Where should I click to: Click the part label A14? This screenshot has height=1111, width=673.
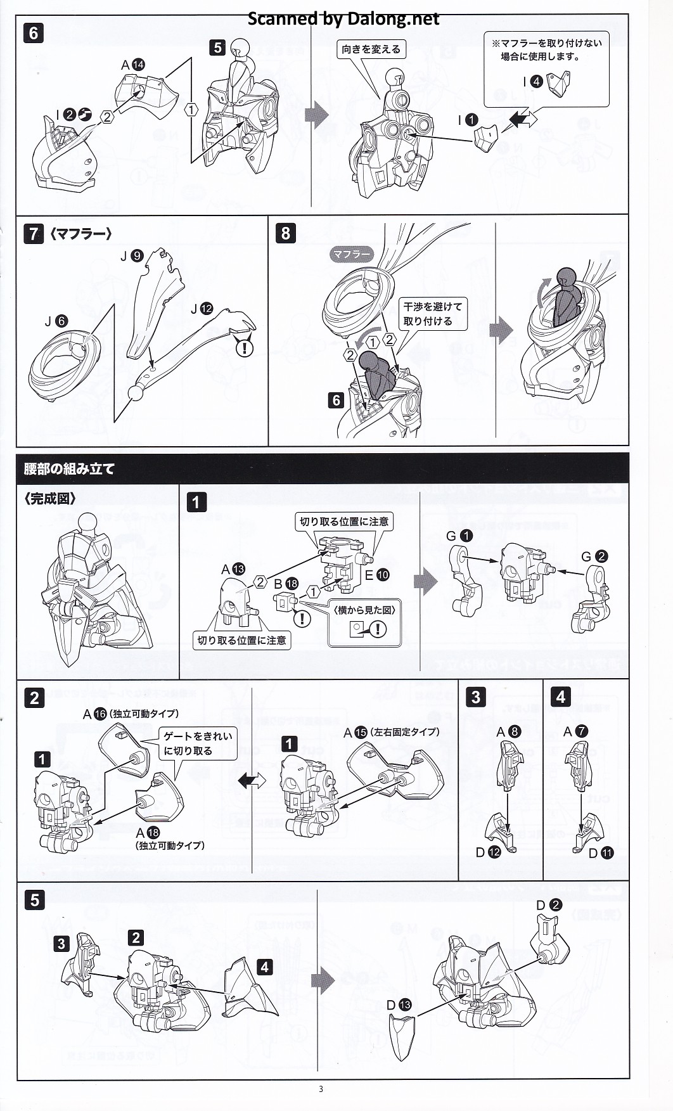(133, 65)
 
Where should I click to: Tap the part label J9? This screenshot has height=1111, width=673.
(132, 256)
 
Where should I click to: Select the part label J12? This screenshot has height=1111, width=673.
(202, 309)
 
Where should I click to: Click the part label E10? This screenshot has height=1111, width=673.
(377, 575)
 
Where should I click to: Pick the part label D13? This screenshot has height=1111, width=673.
(399, 1005)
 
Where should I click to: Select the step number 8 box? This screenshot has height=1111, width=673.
(285, 233)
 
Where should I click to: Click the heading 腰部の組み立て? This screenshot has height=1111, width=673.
(69, 469)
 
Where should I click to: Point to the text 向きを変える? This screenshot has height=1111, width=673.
(371, 49)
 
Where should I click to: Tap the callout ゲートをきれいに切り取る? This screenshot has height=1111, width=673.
(198, 743)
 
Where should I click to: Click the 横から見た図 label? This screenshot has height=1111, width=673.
(364, 610)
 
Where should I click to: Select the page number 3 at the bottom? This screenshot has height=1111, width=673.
(321, 1089)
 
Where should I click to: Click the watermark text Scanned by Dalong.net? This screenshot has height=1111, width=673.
(343, 19)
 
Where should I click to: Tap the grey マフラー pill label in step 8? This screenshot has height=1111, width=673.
(351, 254)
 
